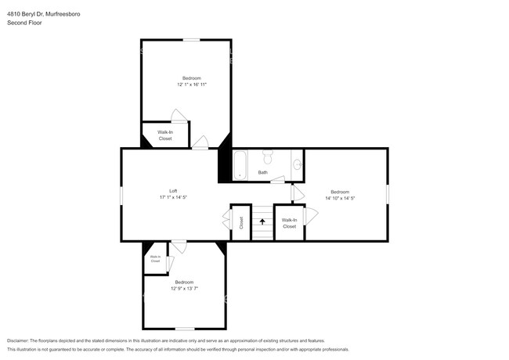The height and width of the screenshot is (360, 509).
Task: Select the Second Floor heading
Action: click(x=24, y=23)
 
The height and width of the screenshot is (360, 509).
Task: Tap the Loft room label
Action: click(x=173, y=191)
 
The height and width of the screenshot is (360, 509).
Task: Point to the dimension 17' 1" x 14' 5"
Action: click(x=173, y=197)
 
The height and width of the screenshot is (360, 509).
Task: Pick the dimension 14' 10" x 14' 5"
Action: click(x=340, y=198)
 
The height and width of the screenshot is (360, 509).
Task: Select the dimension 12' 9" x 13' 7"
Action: click(x=184, y=288)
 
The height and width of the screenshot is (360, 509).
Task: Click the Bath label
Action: click(x=263, y=172)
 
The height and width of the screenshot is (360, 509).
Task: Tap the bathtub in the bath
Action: click(x=241, y=164)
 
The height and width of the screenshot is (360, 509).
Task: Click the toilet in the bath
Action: click(x=267, y=154)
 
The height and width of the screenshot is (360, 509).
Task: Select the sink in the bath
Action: click(x=297, y=164)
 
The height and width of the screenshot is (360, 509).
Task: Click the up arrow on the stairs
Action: click(x=262, y=222)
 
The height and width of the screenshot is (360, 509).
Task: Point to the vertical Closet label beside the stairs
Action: click(x=241, y=222)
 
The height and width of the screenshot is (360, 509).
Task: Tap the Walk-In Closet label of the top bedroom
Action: click(x=165, y=135)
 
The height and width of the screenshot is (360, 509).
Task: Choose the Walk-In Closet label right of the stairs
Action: click(x=289, y=223)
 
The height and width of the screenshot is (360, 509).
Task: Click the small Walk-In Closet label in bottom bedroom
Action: click(x=155, y=259)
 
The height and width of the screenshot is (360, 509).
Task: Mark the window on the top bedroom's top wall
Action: click(x=192, y=39)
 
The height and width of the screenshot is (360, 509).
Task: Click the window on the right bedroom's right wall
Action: click(x=388, y=194)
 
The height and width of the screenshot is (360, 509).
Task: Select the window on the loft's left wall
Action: click(x=121, y=195)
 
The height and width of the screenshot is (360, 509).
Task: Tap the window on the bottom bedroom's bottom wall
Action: click(x=184, y=329)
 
